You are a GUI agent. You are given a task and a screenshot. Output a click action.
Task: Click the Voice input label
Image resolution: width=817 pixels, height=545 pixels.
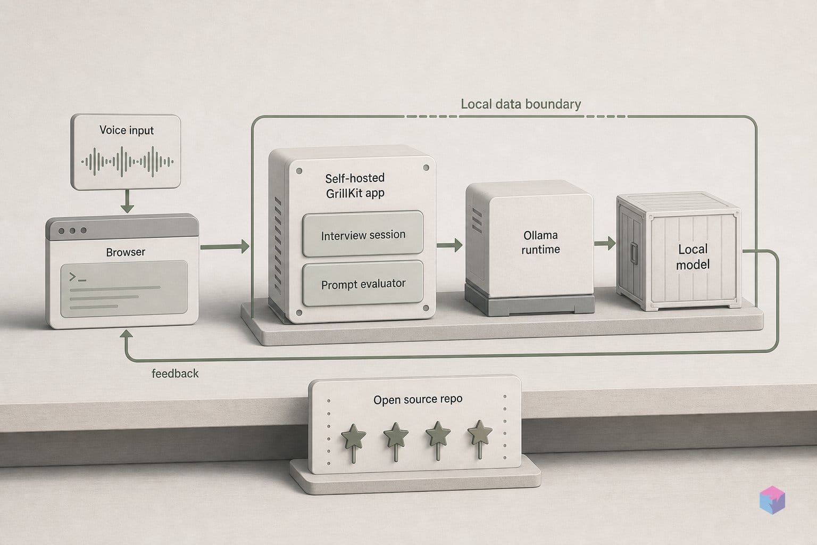pyautogui.click(x=127, y=130)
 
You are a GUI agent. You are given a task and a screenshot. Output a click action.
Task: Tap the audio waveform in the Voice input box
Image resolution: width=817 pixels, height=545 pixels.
pyautogui.click(x=127, y=161)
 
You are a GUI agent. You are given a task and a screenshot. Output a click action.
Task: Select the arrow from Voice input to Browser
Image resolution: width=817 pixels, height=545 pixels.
pyautogui.click(x=127, y=201)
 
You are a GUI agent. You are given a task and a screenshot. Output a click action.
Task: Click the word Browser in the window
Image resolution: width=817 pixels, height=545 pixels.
pyautogui.click(x=126, y=252)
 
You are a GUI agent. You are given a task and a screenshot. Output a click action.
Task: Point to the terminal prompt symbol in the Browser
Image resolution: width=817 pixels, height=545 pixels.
pyautogui.click(x=77, y=277)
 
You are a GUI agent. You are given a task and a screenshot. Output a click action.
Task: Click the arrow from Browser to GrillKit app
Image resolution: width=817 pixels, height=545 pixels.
pyautogui.click(x=224, y=247)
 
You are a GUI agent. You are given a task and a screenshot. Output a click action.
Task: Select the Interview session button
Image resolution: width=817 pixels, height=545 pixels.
pyautogui.click(x=363, y=234)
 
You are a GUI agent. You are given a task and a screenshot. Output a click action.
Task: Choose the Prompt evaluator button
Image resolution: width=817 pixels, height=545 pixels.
pyautogui.click(x=363, y=284)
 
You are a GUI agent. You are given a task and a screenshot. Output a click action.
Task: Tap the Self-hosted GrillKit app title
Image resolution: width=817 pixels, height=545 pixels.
pyautogui.click(x=355, y=185)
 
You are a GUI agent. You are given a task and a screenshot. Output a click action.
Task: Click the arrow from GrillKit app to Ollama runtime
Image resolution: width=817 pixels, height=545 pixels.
pyautogui.click(x=449, y=245)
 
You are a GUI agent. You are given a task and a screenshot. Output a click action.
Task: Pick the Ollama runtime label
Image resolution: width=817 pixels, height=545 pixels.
pyautogui.click(x=540, y=242)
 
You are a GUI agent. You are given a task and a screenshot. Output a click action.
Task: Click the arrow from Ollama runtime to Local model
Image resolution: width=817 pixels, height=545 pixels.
pyautogui.click(x=605, y=243)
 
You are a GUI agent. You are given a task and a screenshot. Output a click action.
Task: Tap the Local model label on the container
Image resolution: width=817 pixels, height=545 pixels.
pyautogui.click(x=693, y=257)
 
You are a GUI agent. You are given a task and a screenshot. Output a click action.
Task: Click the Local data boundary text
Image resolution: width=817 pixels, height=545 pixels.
pyautogui.click(x=521, y=104)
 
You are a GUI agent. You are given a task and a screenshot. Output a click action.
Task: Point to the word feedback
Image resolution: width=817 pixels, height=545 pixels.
pyautogui.click(x=175, y=374)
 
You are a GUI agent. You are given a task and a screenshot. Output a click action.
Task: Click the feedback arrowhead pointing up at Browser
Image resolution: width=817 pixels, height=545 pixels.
pyautogui.click(x=126, y=335)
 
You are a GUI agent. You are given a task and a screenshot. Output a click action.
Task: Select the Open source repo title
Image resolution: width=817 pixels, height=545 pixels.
pyautogui.click(x=418, y=399)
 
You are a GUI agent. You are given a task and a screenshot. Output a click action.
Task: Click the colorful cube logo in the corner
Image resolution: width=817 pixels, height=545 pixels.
pyautogui.click(x=772, y=500)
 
